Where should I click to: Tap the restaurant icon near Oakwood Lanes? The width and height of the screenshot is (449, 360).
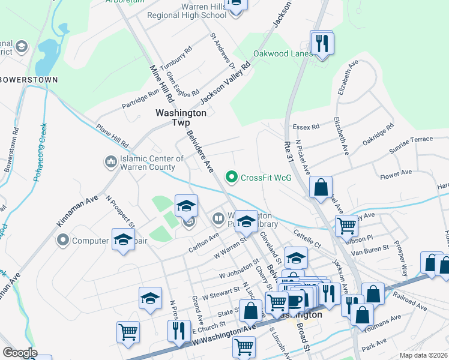322,43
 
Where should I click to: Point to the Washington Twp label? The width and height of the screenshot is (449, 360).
181,117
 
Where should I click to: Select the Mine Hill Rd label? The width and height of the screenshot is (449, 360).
161,83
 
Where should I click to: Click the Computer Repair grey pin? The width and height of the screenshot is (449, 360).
62,241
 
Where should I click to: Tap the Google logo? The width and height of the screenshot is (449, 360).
20,353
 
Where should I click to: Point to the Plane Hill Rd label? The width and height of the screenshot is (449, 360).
112,137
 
